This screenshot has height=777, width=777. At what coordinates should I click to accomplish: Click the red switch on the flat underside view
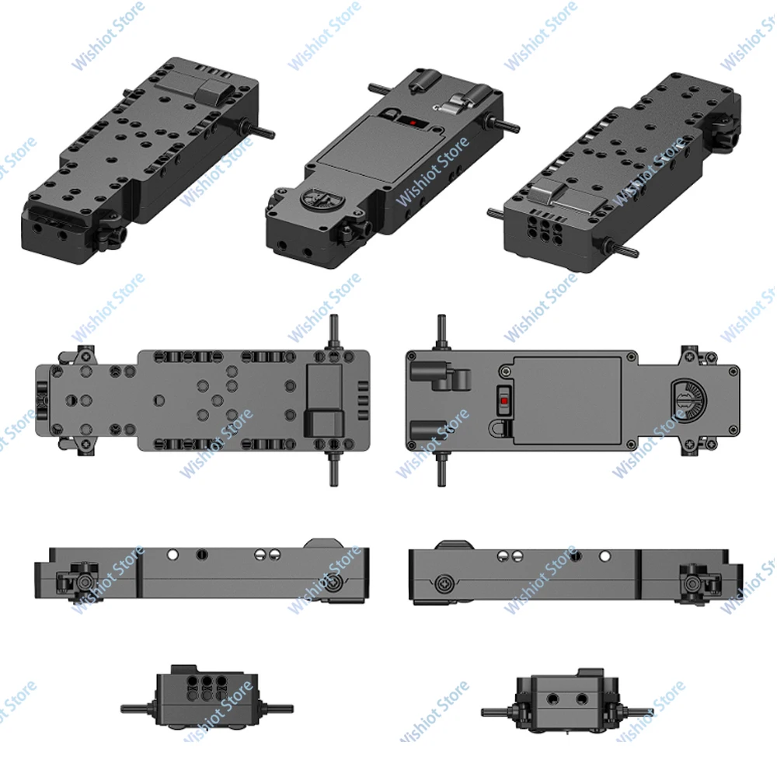point(503,402)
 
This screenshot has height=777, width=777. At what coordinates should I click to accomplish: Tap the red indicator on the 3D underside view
point(413,123)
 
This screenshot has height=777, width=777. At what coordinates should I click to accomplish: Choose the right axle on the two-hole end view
point(634,711)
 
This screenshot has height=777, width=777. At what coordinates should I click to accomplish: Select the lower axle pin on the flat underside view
point(441,471)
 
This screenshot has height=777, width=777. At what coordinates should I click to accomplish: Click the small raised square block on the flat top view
point(325,424)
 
